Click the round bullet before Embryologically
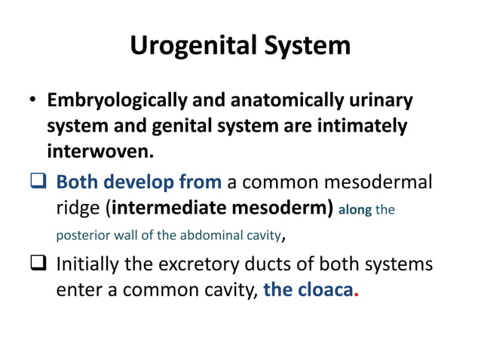click(x=33, y=101)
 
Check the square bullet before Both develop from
click(x=38, y=183)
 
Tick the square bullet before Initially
click(x=38, y=265)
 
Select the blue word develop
click(x=140, y=182)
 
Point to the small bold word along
click(x=355, y=211)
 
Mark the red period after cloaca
click(x=356, y=296)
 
